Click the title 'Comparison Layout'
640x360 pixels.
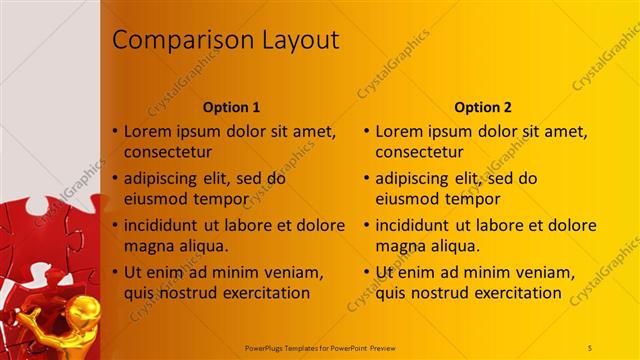[225, 40]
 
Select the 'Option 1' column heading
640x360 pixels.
[232, 107]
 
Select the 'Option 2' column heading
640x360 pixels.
[483, 107]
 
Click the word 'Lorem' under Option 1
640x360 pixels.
[148, 131]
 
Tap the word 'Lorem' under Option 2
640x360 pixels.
[399, 131]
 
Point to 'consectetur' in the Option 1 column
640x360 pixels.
[167, 152]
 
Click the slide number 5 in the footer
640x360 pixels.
[591, 346]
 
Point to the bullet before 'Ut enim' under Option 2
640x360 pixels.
[367, 272]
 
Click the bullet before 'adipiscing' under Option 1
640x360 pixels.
[116, 179]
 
